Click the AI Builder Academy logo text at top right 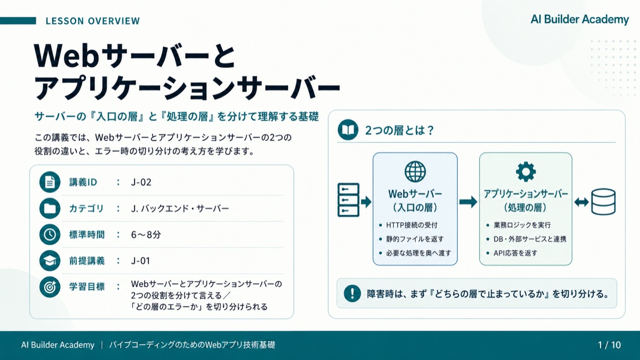click(580, 20)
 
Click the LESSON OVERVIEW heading click(93, 21)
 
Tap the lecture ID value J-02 click(141, 182)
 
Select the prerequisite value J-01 click(141, 261)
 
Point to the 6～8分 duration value click(146, 235)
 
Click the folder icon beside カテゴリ click(50, 209)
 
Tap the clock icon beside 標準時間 click(50, 235)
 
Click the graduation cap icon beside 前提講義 click(50, 261)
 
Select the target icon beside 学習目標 click(50, 287)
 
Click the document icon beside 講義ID click(50, 182)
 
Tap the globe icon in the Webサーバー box click(415, 171)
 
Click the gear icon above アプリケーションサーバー click(526, 171)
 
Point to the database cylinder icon click(603, 202)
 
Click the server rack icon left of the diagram click(348, 200)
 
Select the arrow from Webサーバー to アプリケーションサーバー click(468, 202)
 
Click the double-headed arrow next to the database click(581, 202)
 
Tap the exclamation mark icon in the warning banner click(353, 293)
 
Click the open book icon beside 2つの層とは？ click(348, 130)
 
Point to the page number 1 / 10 click(610, 345)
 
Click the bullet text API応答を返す click(515, 253)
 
